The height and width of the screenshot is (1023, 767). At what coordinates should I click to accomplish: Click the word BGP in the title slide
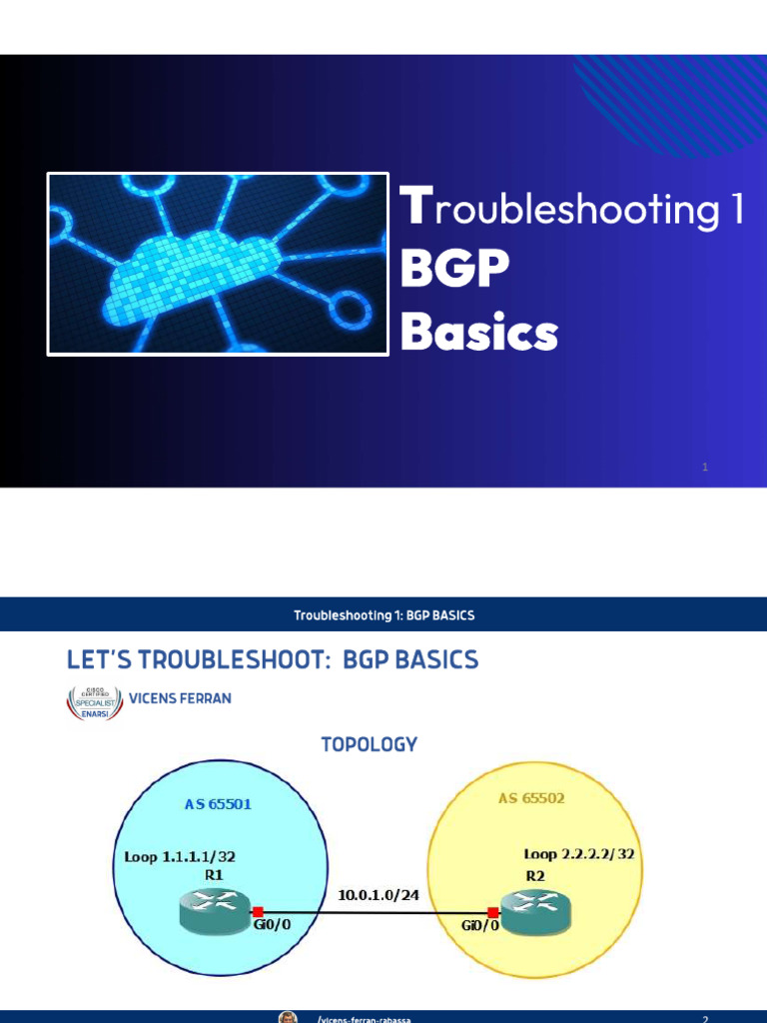click(454, 269)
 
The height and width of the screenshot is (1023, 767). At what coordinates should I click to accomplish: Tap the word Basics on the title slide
click(478, 332)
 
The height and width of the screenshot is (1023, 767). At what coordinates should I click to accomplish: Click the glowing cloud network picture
click(218, 265)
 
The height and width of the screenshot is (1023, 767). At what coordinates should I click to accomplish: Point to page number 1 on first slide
click(705, 467)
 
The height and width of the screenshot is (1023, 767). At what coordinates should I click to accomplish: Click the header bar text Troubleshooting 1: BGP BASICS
click(383, 615)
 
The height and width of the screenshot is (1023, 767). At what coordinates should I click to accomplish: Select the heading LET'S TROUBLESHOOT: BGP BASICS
click(272, 660)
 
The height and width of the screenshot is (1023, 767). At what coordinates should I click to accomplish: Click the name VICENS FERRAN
click(180, 698)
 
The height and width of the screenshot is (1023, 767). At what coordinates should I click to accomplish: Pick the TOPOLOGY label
click(369, 744)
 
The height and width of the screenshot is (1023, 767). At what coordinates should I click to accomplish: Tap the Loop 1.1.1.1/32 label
click(180, 856)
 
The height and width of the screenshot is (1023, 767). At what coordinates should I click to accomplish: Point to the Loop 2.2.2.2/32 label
click(579, 854)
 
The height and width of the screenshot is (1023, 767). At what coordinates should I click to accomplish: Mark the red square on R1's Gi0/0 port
click(258, 911)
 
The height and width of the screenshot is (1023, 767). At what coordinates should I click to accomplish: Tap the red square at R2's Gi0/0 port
click(492, 912)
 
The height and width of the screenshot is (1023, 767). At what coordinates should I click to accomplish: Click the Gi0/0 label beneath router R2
click(479, 926)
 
